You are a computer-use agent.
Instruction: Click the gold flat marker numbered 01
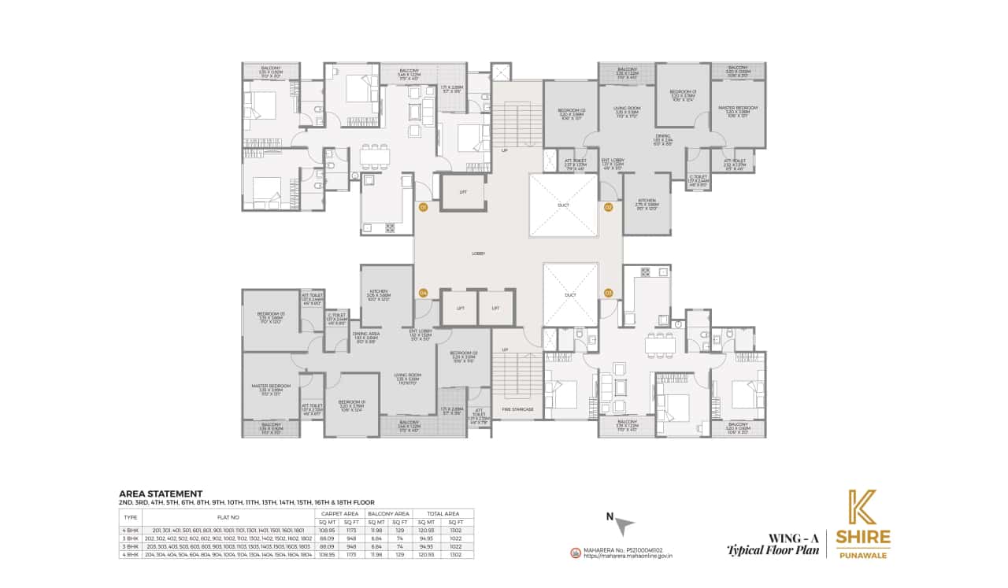pos(423,208)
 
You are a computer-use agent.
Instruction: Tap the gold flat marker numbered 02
pos(608,208)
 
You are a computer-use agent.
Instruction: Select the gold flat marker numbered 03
pos(608,293)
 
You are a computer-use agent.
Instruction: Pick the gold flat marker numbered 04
pos(423,293)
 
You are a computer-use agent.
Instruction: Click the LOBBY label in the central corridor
pos(478,253)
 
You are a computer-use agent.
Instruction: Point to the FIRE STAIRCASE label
pos(517,409)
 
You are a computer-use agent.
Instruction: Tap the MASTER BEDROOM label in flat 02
pos(738,108)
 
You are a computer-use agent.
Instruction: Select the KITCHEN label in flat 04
pos(379,290)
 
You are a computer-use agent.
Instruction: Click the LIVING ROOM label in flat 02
pos(627,108)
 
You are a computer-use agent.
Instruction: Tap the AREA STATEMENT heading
pos(161,494)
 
